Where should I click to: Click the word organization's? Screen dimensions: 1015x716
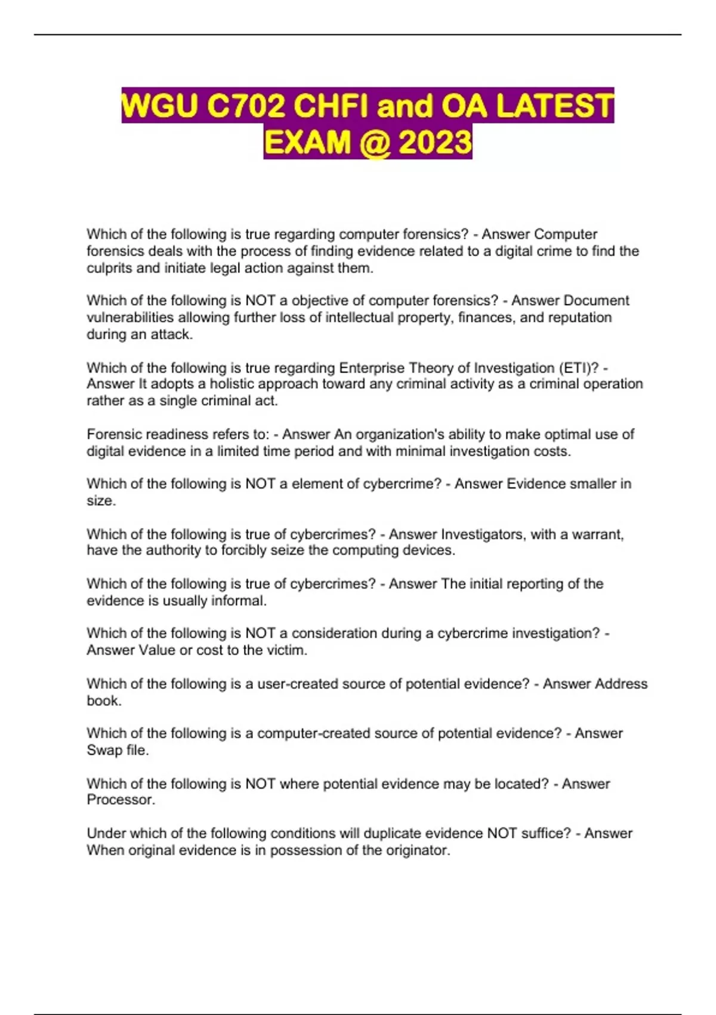click(399, 434)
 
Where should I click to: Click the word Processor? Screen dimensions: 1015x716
click(121, 799)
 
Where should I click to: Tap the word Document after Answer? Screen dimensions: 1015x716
click(596, 300)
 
